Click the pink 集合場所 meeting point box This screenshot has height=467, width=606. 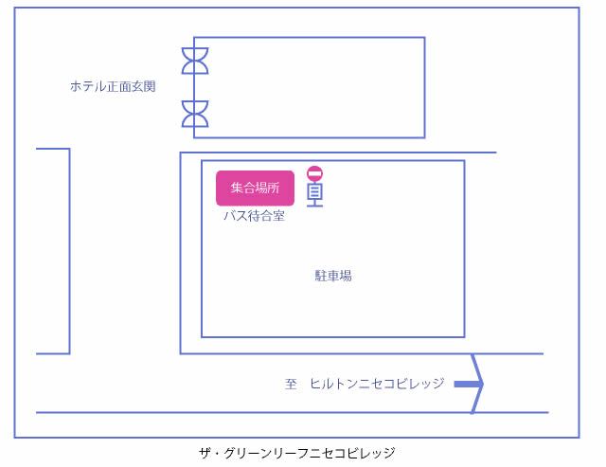tap(255, 188)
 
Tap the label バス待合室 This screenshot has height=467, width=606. tap(255, 216)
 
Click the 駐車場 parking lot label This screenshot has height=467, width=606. tap(333, 276)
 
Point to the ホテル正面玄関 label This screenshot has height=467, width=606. tap(113, 86)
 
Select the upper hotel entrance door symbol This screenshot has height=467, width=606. tap(195, 61)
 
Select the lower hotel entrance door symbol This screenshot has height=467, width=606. tap(195, 114)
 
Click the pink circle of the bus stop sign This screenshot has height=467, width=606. tap(315, 173)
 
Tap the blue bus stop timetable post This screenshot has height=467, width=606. tap(315, 194)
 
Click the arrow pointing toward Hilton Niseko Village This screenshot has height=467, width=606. tap(469, 384)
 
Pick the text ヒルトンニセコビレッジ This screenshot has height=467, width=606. tap(377, 384)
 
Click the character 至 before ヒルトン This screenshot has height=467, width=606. tap(291, 384)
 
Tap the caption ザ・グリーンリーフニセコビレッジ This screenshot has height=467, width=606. tap(296, 453)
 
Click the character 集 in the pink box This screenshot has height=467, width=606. tap(237, 188)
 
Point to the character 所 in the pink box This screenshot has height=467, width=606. tap(274, 188)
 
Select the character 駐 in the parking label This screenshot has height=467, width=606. tap(321, 276)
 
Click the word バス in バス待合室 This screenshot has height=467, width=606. tap(236, 216)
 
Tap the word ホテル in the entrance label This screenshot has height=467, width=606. tap(88, 86)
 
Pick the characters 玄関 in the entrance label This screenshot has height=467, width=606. tap(144, 86)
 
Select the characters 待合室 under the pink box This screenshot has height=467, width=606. tap(266, 216)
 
